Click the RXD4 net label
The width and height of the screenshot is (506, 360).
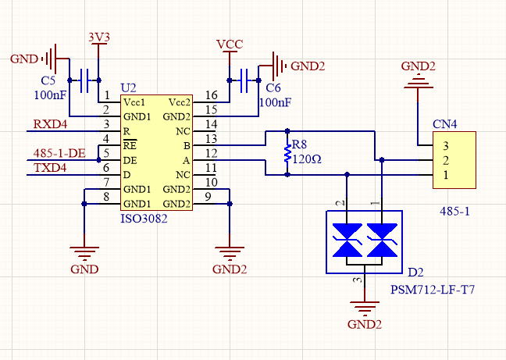coord(50,123)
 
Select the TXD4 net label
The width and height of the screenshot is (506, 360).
coord(50,167)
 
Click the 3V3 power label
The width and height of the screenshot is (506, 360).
coord(98,37)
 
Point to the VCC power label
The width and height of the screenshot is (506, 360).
coord(230,45)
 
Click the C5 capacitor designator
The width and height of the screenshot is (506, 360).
coord(48,80)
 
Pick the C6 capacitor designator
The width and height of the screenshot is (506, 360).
coord(273,89)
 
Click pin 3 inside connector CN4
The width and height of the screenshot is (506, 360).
coord(445,145)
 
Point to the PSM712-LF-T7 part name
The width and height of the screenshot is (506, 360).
coord(433,290)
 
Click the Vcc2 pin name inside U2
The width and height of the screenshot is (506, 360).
coord(179,102)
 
